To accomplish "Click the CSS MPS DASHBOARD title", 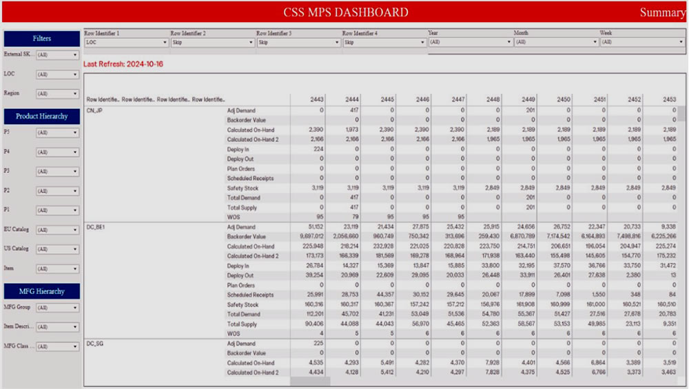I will [x=345, y=12].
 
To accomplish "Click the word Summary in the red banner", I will [x=662, y=12].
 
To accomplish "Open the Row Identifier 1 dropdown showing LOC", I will [x=126, y=42].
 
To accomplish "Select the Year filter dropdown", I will [x=470, y=42].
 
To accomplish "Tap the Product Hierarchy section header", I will [x=41, y=117].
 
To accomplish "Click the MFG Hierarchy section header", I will [x=41, y=292].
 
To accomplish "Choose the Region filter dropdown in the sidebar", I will [x=57, y=93].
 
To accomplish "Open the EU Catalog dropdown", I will [x=57, y=230].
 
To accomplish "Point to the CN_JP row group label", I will [x=94, y=110].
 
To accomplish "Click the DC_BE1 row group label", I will [x=96, y=227].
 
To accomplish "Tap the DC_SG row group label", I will [x=95, y=343].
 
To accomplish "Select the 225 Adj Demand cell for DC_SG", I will [x=316, y=343].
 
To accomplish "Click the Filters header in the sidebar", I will [x=41, y=39].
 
